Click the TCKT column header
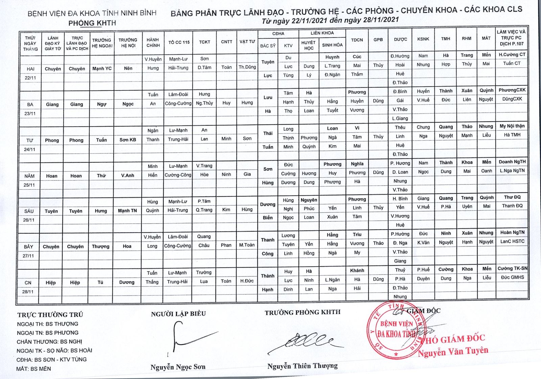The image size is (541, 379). click(205, 42)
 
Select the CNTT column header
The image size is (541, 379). click(227, 42)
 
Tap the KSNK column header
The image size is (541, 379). click(423, 39)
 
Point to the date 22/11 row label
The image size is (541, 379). click(30, 78)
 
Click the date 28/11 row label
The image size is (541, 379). click(28, 292)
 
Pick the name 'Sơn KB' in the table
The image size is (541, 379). click(127, 140)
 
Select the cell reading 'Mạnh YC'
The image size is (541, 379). click(102, 68)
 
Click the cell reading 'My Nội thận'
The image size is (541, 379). click(512, 126)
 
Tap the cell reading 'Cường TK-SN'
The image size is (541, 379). click(512, 268)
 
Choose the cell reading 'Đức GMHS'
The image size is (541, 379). click(512, 277)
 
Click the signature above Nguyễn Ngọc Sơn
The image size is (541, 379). click(189, 339)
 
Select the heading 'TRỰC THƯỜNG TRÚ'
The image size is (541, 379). click(50, 315)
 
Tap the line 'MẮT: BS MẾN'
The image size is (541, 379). click(33, 369)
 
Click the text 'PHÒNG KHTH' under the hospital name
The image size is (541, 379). click(92, 23)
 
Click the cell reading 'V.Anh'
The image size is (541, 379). click(127, 175)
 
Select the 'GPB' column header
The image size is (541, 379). click(378, 40)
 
